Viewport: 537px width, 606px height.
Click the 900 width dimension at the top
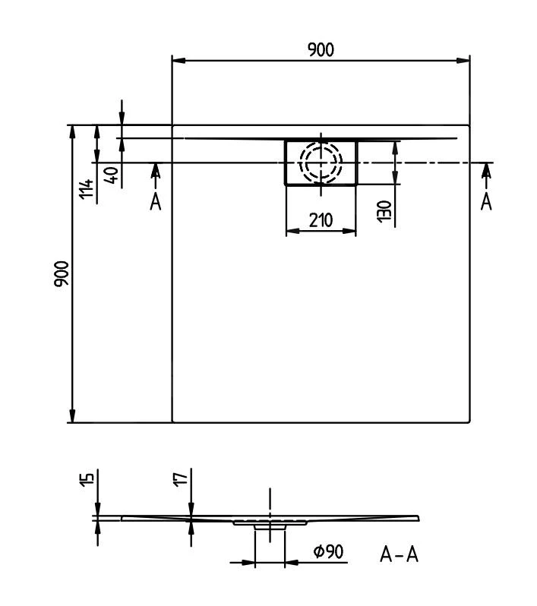click(x=321, y=49)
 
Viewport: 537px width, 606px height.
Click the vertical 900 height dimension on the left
click(x=62, y=273)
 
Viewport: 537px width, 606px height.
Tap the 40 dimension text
click(x=112, y=175)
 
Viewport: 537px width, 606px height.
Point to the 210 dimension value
click(x=321, y=221)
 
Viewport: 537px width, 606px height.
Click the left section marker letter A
click(x=156, y=202)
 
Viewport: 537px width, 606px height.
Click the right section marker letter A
click(x=486, y=202)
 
